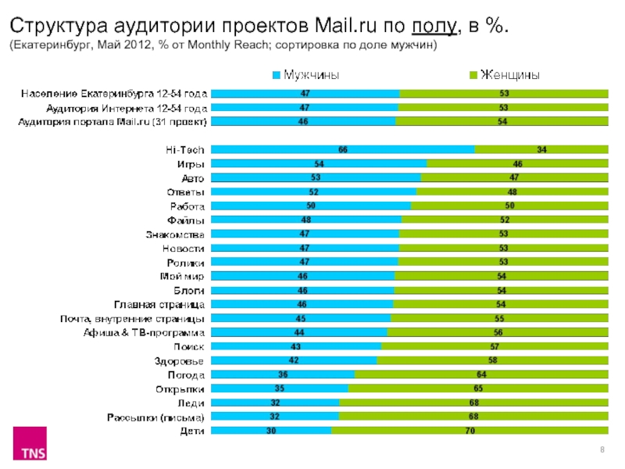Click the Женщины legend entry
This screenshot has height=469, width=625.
[x=508, y=75]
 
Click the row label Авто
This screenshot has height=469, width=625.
[x=192, y=178]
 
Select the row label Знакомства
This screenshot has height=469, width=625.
[x=175, y=234]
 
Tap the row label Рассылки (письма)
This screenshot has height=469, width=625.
[x=156, y=417]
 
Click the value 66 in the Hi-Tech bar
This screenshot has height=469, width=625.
[x=342, y=149]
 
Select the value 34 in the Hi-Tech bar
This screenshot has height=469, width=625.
[x=541, y=149]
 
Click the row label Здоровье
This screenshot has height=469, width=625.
[x=180, y=361]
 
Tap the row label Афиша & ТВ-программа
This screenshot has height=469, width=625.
[x=145, y=333]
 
